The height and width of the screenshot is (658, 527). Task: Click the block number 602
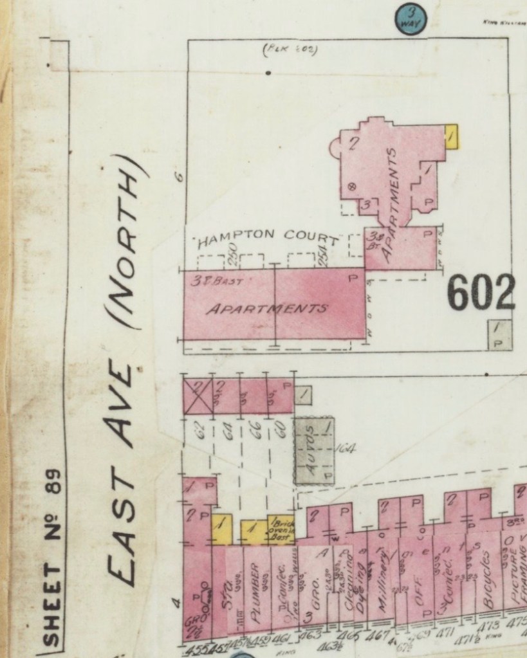(481, 293)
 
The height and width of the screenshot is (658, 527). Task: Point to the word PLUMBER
(255, 585)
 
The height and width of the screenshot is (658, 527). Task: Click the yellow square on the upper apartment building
(451, 136)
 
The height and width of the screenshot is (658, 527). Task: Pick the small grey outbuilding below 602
(499, 334)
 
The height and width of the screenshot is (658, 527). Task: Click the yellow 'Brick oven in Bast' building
(281, 528)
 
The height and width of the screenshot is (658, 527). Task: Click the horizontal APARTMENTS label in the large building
(266, 308)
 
